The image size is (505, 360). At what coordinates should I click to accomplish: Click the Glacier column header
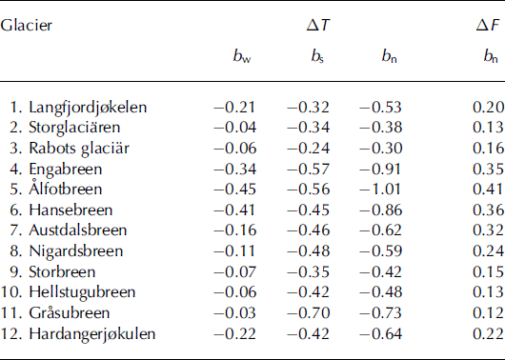(x=27, y=25)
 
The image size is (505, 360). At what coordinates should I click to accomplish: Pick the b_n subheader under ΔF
(x=485, y=69)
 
